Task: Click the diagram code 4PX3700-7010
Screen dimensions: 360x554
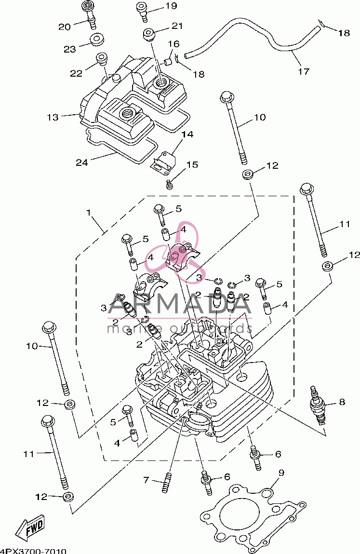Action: click(33, 551)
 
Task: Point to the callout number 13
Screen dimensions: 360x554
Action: click(53, 117)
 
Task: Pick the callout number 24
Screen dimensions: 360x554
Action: click(81, 162)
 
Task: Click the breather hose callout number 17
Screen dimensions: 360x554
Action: click(304, 71)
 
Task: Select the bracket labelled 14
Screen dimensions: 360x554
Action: click(164, 163)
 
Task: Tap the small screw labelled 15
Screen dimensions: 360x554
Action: click(169, 184)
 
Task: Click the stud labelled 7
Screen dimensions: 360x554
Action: click(166, 483)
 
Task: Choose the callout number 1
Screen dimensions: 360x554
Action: click(88, 212)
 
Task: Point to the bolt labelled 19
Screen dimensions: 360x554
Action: click(144, 12)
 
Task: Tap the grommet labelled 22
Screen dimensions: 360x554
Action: click(102, 59)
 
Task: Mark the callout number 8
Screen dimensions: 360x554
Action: click(342, 402)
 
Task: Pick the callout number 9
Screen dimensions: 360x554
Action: click(281, 473)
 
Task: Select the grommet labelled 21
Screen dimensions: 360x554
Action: click(148, 35)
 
